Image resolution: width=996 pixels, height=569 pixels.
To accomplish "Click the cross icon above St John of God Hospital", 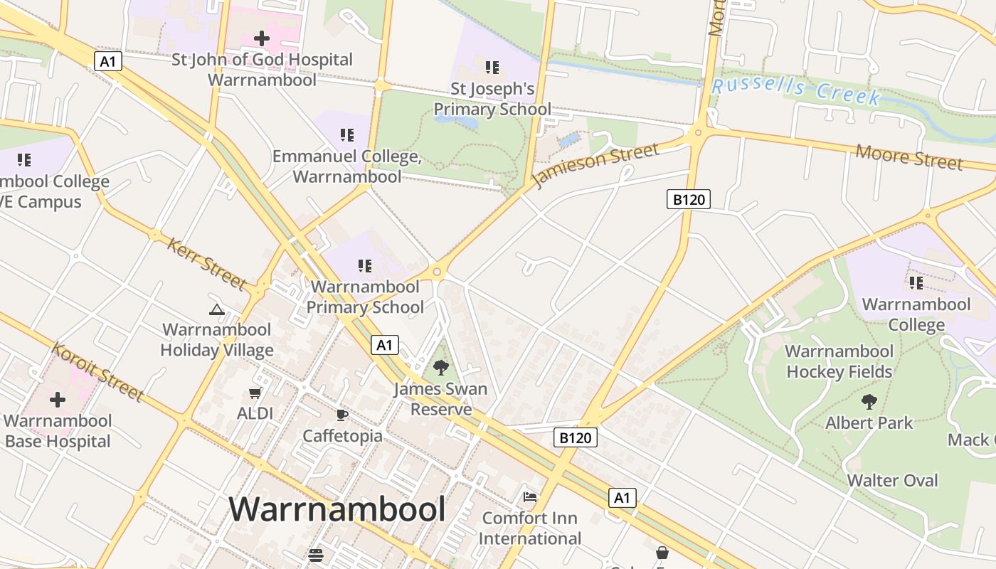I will (262, 38).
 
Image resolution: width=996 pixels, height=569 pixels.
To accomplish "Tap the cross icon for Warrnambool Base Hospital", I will (58, 400).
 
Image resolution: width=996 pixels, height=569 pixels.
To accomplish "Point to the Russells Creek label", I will (796, 90).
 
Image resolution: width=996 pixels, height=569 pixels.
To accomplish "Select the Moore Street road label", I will (909, 156).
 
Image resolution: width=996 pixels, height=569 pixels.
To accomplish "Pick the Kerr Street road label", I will (206, 264).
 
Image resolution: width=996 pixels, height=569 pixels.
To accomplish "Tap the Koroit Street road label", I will (97, 371).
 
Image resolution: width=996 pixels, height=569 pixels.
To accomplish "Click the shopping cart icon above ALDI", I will (255, 393).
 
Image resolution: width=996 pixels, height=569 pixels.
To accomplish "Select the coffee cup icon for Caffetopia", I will (342, 415).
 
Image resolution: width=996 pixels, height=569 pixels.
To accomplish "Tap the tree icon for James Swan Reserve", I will (441, 368).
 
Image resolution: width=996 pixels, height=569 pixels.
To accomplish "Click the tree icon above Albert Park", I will (869, 402).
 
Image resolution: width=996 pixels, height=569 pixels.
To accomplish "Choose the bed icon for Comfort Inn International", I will (530, 496).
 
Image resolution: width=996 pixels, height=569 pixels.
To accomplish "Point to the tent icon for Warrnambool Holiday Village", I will (217, 309).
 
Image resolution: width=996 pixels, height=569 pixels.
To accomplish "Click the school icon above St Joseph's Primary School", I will (492, 68).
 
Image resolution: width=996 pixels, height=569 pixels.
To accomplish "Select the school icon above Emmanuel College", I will (347, 134).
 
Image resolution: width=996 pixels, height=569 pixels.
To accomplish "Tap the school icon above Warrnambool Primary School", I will (365, 266).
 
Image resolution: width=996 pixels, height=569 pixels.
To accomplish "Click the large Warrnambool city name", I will (337, 509).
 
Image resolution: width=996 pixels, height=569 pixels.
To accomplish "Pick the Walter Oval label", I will (892, 480).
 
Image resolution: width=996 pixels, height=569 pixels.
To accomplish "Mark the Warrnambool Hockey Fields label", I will (839, 361).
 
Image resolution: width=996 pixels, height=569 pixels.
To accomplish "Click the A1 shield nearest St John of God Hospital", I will (108, 61).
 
